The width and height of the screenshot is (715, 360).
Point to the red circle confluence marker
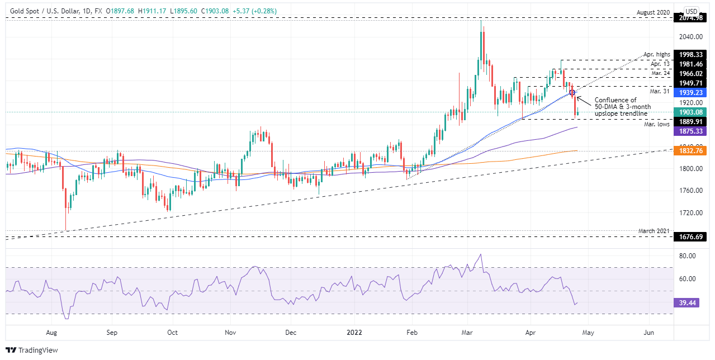click(x=572, y=92)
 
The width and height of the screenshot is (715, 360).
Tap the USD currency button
click(x=692, y=11)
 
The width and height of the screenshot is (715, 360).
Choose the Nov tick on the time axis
click(x=230, y=332)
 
